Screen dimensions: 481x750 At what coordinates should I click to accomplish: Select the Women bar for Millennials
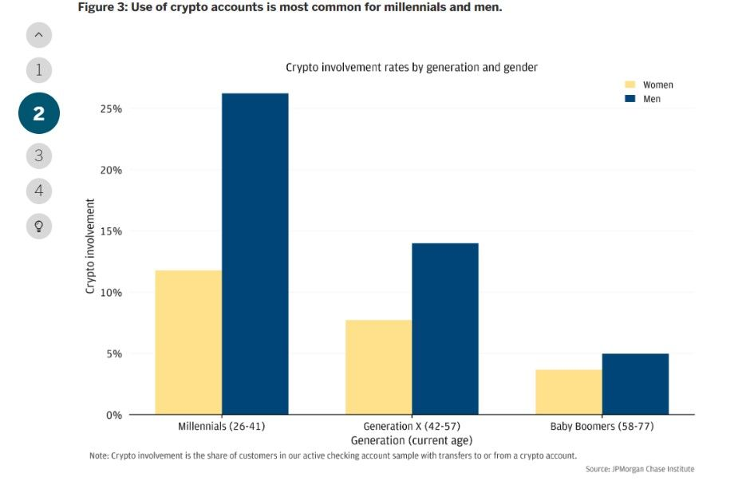[188, 342]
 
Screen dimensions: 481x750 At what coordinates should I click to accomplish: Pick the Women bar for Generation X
[378, 367]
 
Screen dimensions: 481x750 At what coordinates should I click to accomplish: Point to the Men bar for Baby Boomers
[635, 384]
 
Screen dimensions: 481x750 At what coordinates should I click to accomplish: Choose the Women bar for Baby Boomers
[568, 392]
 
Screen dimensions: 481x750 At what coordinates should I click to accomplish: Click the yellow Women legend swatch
[630, 85]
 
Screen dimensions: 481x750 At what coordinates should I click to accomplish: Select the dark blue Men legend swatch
[630, 99]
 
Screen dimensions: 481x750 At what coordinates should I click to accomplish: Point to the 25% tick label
[111, 108]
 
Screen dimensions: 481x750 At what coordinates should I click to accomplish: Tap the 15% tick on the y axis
[111, 231]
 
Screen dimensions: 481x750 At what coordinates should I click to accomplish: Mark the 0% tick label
[113, 415]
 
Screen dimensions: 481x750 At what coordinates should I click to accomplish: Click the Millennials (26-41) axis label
[221, 427]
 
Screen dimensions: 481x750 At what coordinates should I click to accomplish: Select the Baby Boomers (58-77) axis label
[602, 427]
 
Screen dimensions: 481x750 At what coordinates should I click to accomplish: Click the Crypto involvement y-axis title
[90, 246]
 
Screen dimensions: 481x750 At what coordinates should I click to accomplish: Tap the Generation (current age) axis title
[412, 440]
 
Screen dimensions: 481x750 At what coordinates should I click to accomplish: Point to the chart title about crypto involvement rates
[412, 68]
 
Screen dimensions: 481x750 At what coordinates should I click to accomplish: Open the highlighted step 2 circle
[38, 114]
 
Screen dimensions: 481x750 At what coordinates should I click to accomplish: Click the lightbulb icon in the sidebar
[38, 226]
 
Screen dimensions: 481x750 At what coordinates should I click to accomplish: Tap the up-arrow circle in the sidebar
[38, 34]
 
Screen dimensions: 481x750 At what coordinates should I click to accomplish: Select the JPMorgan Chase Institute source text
[639, 469]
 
